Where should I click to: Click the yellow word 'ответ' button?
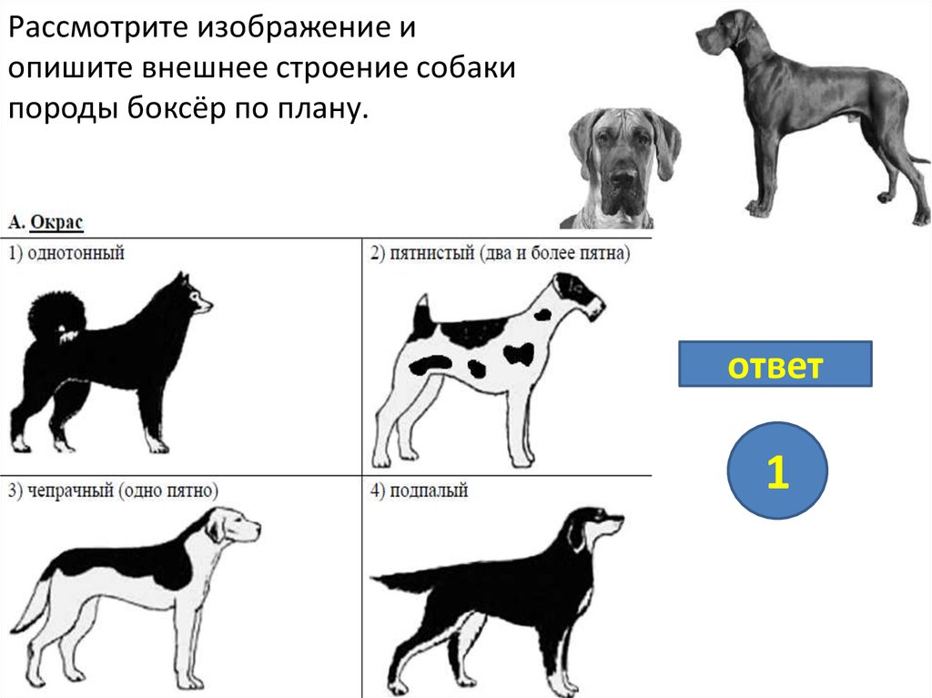(775, 364)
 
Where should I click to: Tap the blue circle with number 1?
(777, 470)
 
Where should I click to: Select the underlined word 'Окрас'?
(56, 222)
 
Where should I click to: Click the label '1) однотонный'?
(66, 253)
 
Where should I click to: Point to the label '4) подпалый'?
(419, 491)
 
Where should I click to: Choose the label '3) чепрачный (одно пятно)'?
(114, 491)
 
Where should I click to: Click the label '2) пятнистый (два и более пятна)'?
(500, 253)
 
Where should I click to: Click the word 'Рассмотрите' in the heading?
(98, 27)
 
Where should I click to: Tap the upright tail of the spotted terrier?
(423, 315)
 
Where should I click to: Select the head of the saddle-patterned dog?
(232, 526)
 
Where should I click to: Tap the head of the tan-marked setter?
(595, 526)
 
